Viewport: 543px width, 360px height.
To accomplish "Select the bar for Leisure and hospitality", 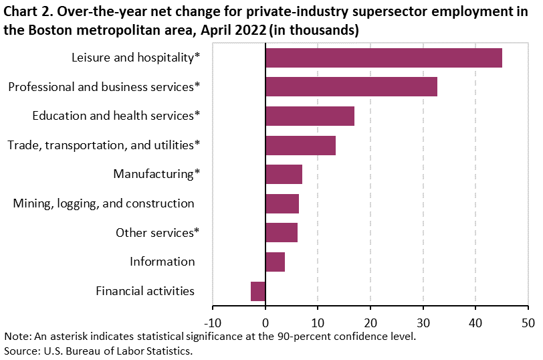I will click(x=383, y=58).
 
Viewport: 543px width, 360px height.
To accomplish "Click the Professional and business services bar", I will click(x=351, y=87).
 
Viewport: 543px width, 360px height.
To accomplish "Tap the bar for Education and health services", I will click(x=310, y=116).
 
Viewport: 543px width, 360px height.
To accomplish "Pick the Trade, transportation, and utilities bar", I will click(x=300, y=145).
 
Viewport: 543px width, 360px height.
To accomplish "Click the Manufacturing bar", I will click(x=284, y=174).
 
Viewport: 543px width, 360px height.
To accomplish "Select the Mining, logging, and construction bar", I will click(x=282, y=203).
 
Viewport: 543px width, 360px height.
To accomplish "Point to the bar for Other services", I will click(x=281, y=232).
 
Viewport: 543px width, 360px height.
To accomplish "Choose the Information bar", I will click(x=275, y=262).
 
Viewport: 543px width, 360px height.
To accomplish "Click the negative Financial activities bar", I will click(x=258, y=291).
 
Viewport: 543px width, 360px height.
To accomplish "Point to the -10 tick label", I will click(x=213, y=322).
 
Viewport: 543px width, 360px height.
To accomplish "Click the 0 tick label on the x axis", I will click(x=265, y=322).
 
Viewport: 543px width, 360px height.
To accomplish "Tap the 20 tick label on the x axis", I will click(x=370, y=322).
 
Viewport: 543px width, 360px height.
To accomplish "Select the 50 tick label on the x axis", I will click(x=528, y=322).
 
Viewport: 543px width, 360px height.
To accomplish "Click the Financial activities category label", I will click(x=145, y=291).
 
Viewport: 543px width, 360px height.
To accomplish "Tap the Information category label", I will click(x=162, y=262).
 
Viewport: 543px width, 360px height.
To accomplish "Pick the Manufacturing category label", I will click(x=156, y=174).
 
